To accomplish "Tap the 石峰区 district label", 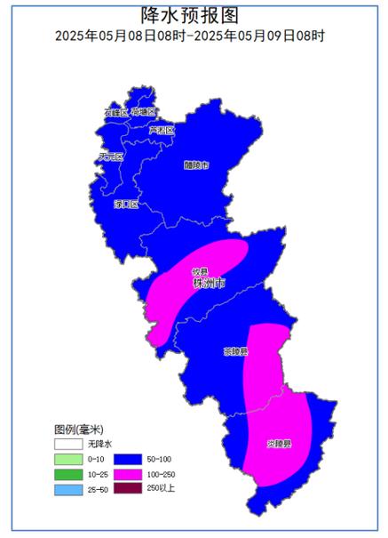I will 115,113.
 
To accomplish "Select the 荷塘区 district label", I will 144,112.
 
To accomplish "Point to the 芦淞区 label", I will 161,131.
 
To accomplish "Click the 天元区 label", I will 110,157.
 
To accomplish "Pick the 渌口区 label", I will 126,205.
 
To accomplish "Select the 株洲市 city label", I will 210,284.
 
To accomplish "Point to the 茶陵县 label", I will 235,352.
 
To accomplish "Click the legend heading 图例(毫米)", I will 78,429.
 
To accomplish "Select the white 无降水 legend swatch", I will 67,443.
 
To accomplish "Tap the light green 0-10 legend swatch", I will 67,459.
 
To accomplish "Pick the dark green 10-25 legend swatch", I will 67,474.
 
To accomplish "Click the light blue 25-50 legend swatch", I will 67,490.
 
